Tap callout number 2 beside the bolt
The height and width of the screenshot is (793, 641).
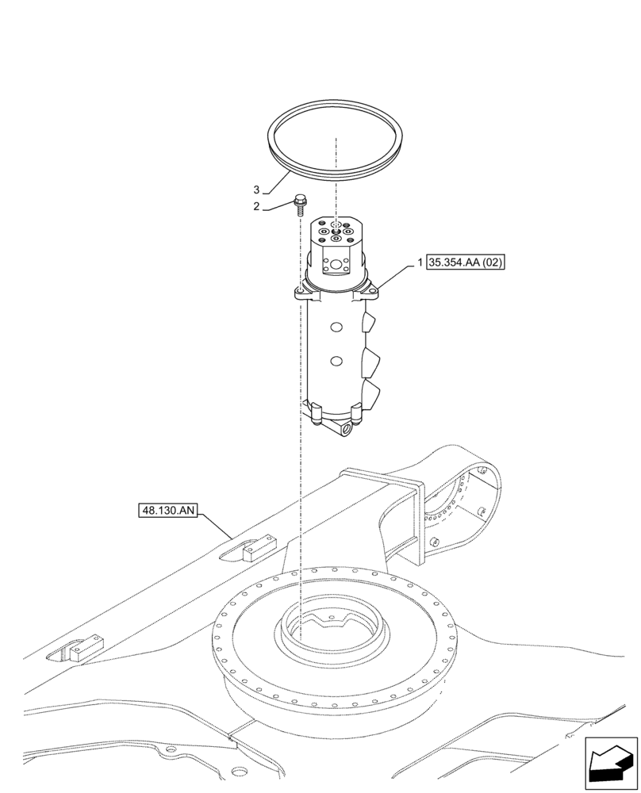point(256,207)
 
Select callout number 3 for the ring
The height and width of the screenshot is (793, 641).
point(256,190)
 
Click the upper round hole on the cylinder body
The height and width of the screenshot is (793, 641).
point(336,327)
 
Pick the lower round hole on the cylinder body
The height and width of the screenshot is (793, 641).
point(336,362)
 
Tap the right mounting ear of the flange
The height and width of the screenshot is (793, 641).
point(369,294)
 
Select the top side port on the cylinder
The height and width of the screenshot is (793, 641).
point(367,323)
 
